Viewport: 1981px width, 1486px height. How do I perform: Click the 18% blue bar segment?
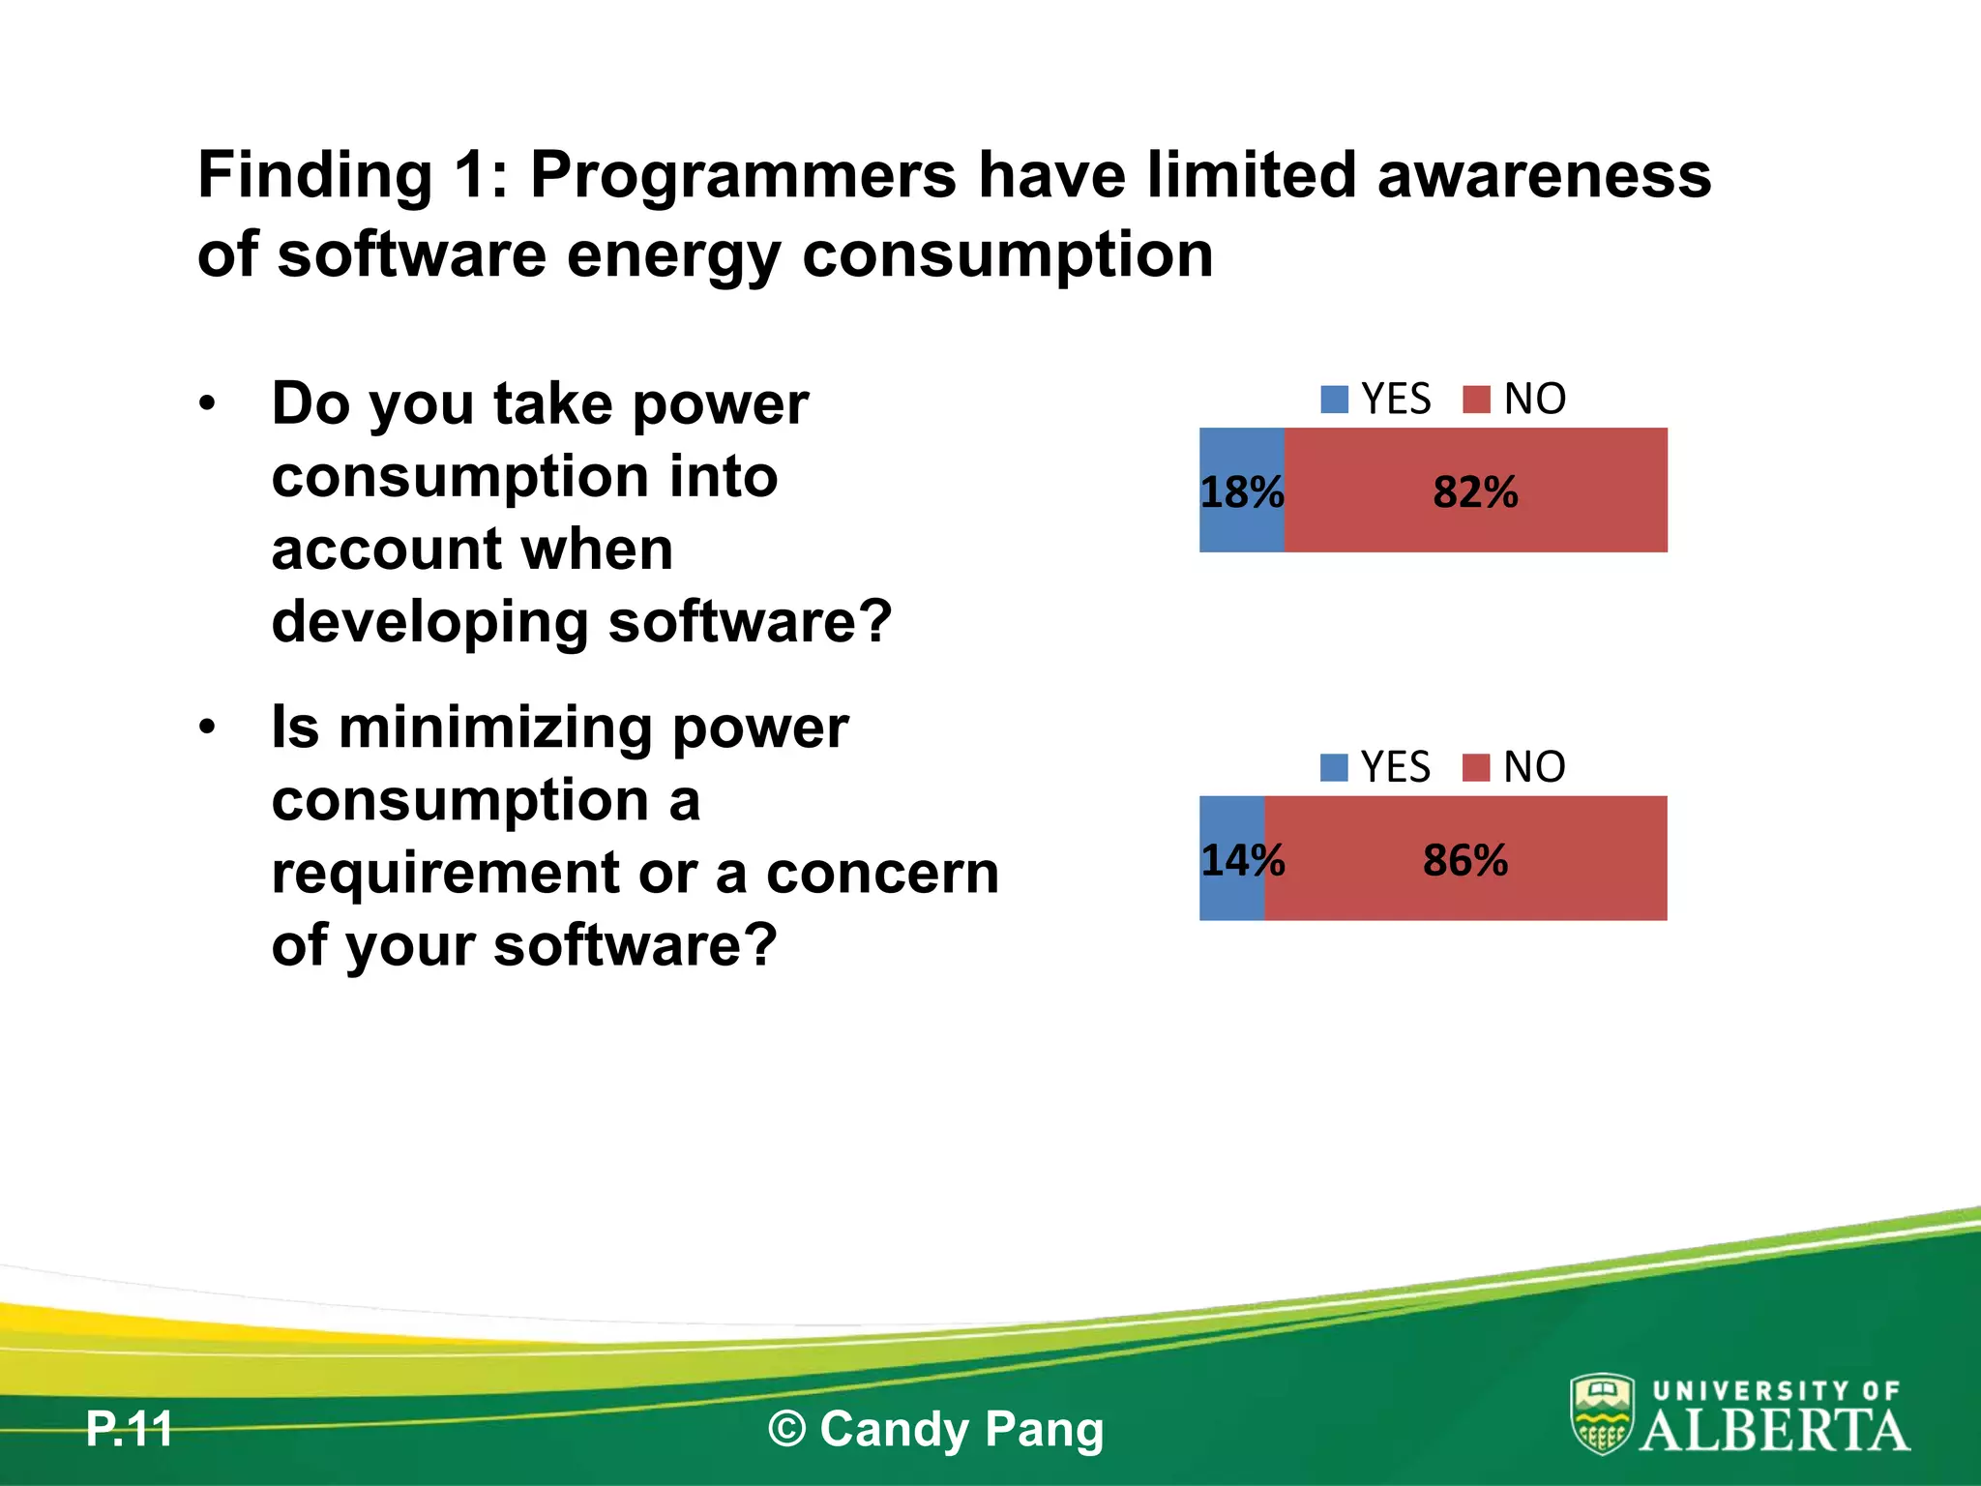tap(1241, 490)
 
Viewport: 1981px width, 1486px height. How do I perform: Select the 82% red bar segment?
tap(1475, 490)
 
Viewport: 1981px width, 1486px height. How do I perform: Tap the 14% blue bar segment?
tap(1231, 858)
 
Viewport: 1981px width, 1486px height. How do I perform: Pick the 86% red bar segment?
tap(1465, 858)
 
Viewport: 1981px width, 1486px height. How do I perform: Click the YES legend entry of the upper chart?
tap(1376, 399)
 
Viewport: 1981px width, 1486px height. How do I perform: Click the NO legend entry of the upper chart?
tap(1515, 399)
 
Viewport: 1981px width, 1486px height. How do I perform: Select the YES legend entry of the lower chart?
tap(1376, 767)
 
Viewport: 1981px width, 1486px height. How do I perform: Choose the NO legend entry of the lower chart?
tap(1515, 767)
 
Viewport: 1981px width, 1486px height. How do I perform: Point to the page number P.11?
tap(129, 1429)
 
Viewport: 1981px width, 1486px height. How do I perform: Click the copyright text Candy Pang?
tap(936, 1429)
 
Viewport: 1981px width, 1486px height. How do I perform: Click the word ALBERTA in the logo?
tap(1775, 1431)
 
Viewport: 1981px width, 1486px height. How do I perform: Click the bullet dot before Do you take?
tap(207, 403)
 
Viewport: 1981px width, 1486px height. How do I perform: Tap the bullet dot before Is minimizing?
tap(207, 728)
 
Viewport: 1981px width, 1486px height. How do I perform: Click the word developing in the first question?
tap(429, 621)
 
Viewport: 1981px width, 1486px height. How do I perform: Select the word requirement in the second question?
tap(445, 873)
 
